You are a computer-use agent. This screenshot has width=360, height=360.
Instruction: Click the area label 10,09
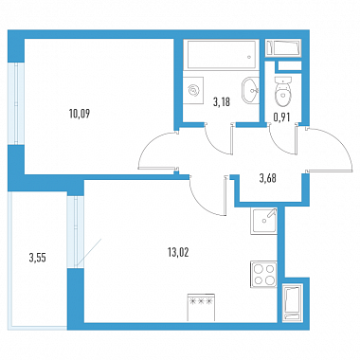80,114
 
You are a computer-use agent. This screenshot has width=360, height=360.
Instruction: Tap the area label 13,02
178,253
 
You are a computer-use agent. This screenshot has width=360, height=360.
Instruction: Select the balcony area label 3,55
38,258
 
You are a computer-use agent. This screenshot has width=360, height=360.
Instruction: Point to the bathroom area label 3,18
222,102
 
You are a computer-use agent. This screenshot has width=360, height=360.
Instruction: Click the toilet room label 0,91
281,117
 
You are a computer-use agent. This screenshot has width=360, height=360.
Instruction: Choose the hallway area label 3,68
268,178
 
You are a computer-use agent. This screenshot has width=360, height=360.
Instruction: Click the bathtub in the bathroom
221,55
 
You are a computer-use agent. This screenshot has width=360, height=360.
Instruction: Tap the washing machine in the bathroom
193,91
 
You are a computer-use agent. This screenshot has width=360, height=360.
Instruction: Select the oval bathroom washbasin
251,90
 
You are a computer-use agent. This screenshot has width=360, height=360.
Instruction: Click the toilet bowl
282,91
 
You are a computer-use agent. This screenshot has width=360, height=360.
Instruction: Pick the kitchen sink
264,221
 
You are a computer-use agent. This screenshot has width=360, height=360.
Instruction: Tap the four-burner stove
264,275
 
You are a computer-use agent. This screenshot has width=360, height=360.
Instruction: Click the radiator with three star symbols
201,307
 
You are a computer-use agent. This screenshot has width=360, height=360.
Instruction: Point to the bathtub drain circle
249,58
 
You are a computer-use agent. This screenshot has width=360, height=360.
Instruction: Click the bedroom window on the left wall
16,103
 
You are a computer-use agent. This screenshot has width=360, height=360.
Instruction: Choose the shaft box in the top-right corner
283,48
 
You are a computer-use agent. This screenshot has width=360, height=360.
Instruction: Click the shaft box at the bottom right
292,302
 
